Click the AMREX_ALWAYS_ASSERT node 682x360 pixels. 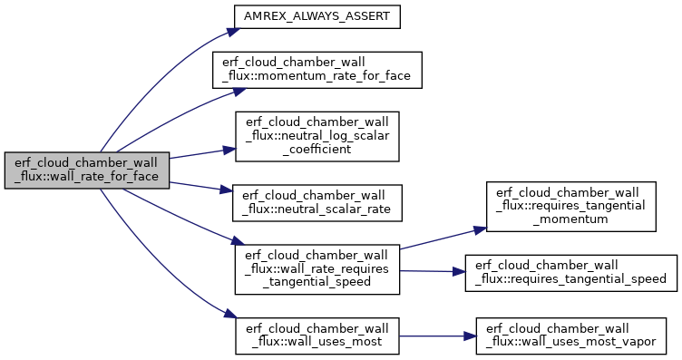tap(317, 17)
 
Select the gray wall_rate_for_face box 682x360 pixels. tap(86, 170)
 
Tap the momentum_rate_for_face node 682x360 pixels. tap(317, 70)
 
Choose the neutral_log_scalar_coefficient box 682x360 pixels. tap(317, 137)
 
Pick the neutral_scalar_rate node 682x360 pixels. tap(317, 203)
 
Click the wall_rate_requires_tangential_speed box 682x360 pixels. tap(317, 269)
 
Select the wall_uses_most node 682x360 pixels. tap(317, 336)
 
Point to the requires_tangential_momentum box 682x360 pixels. tap(570, 207)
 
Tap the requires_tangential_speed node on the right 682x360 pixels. tap(571, 273)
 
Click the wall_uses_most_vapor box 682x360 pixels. tap(570, 336)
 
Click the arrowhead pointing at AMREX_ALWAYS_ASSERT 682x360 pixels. tap(234, 32)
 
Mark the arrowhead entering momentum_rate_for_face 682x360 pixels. tap(239, 91)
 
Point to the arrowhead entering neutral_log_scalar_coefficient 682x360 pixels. tap(229, 151)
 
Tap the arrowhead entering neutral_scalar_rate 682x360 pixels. tap(227, 190)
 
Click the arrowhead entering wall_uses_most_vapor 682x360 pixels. tap(470, 336)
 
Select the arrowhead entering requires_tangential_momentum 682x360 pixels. tap(480, 229)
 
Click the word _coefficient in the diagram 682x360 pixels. tap(317, 150)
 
